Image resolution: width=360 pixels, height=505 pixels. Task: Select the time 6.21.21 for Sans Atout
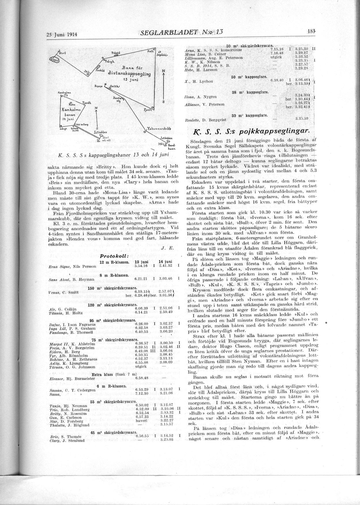point(141,279)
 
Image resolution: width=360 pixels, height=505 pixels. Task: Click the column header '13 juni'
point(141,261)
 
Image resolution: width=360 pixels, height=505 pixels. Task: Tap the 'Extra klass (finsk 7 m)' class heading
point(114,374)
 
